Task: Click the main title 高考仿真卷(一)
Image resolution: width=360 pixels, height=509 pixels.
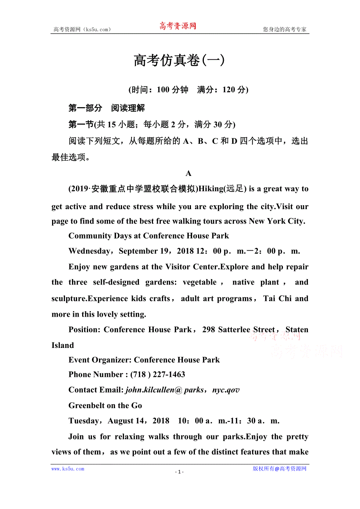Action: (179, 61)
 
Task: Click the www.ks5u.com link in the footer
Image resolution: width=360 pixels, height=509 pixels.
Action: (68, 469)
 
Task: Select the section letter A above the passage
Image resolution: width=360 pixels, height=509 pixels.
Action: (188, 173)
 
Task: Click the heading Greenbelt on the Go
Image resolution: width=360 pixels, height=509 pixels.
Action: (105, 405)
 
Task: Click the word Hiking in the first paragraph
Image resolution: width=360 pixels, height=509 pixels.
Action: (211, 189)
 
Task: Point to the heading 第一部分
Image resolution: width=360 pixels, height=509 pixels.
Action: (85, 108)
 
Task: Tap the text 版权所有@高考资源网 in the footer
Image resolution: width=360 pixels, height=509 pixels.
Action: (279, 469)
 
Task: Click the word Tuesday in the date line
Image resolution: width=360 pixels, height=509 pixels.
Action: (84, 421)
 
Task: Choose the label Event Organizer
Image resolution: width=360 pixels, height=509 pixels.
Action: (100, 360)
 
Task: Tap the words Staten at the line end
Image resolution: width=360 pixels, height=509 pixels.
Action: (297, 330)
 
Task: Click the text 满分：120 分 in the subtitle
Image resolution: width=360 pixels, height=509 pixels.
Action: (223, 90)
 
